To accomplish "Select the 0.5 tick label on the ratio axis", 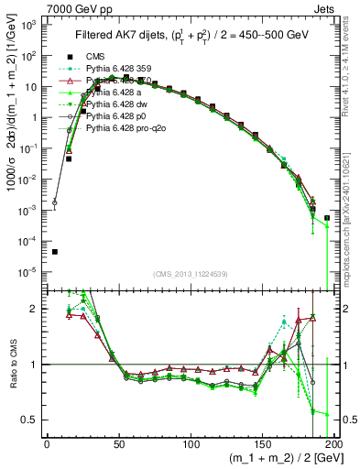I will pyautogui.click(x=31, y=420).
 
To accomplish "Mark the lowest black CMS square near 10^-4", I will pyautogui.click(x=54, y=252).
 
